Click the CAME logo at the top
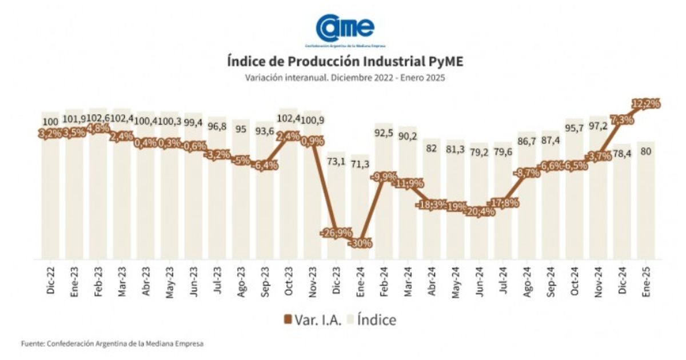pyautogui.click(x=345, y=27)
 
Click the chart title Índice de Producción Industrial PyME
pyautogui.click(x=345, y=61)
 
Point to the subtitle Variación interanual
pyautogui.click(x=345, y=78)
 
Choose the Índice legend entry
pyautogui.click(x=370, y=319)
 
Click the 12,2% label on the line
pyautogui.click(x=646, y=104)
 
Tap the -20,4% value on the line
pyautogui.click(x=479, y=211)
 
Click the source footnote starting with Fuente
pyautogui.click(x=112, y=343)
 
